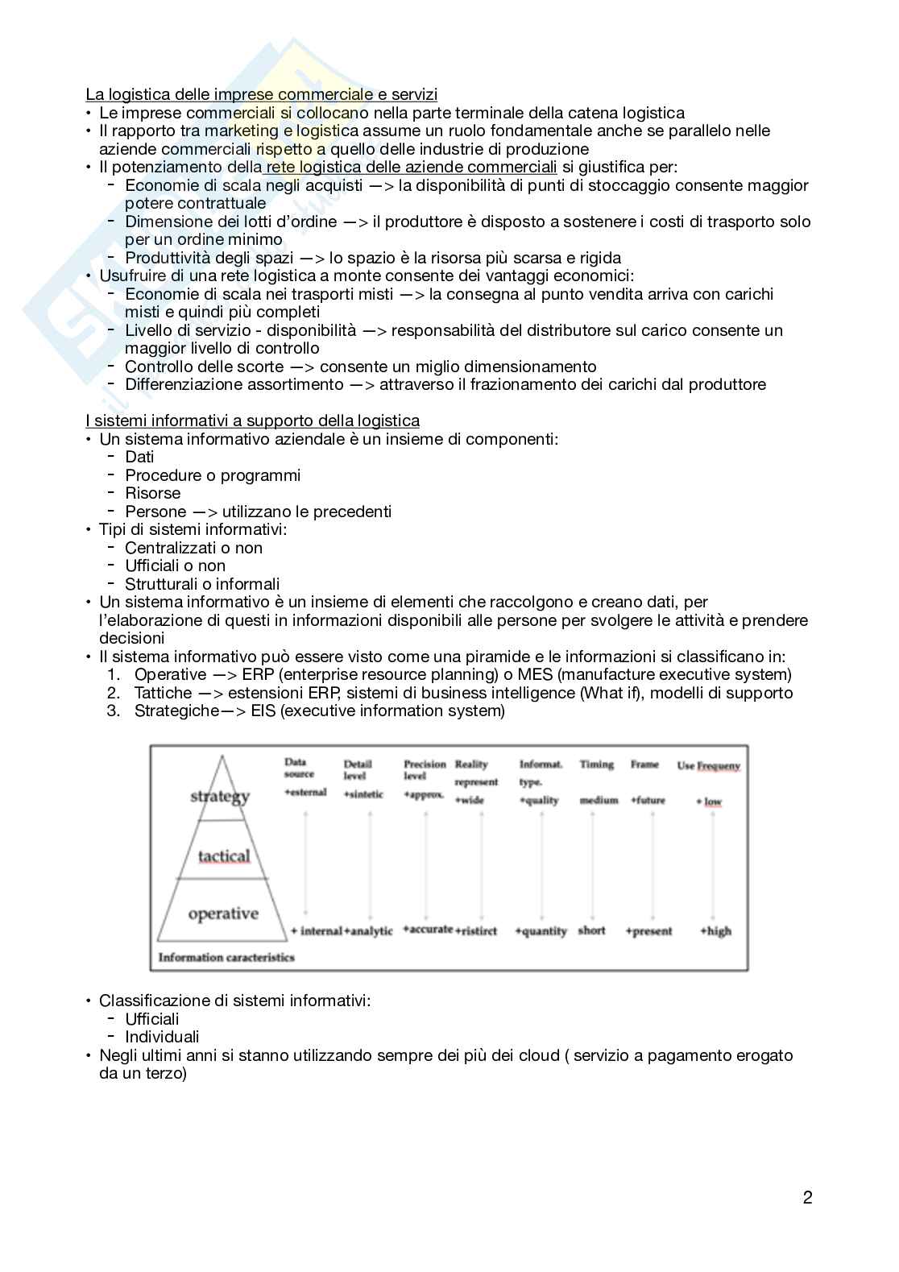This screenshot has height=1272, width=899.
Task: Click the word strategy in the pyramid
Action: tap(220, 797)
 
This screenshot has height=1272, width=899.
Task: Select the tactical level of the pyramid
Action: tap(224, 856)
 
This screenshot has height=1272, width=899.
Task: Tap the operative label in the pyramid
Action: tap(223, 914)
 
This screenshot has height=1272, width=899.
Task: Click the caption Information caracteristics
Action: tap(226, 957)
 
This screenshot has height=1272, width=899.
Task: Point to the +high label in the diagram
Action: tap(715, 930)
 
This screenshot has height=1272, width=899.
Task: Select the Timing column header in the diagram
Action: tap(596, 764)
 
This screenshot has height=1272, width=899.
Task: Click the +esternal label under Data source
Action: tap(305, 792)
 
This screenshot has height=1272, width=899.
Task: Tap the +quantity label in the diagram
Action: tap(541, 930)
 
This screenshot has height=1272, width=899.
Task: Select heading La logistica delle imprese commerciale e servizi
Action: tap(262, 94)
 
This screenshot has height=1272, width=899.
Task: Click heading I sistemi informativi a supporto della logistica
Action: tap(252, 421)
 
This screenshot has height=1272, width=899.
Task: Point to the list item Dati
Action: tap(139, 457)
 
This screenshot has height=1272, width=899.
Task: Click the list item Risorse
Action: tap(152, 493)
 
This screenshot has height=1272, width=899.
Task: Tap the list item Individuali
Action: tap(162, 1037)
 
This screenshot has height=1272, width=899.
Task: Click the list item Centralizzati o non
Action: tap(193, 548)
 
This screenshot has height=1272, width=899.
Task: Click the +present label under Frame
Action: tap(648, 930)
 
